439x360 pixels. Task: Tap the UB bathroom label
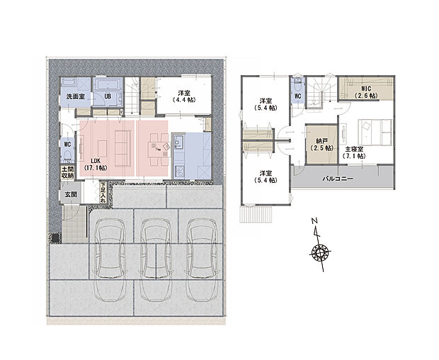coord(108,96)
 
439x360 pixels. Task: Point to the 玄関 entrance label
coord(72,194)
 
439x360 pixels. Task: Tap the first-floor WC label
coord(67,144)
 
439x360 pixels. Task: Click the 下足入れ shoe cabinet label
coord(103,193)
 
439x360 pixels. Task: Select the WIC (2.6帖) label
coord(365,92)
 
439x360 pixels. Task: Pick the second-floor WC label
coord(297,96)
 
